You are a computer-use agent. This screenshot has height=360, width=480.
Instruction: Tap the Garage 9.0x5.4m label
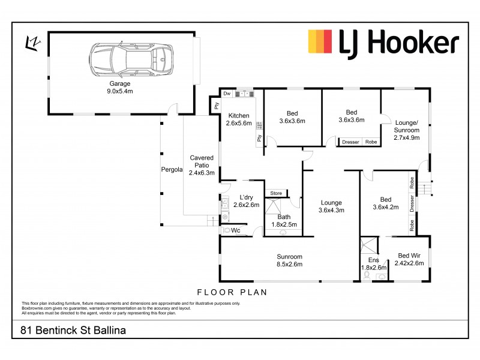[120, 88]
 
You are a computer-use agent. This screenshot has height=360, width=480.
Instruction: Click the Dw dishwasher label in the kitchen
[227, 94]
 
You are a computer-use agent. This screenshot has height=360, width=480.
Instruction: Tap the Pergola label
[172, 169]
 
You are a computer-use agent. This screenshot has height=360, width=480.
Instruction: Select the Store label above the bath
[276, 193]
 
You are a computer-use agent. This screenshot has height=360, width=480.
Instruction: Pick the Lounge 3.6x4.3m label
[331, 206]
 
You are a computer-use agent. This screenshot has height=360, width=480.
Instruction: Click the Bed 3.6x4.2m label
[386, 204]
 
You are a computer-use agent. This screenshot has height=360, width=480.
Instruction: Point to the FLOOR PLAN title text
[232, 292]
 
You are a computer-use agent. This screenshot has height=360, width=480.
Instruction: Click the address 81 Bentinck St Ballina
[73, 330]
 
